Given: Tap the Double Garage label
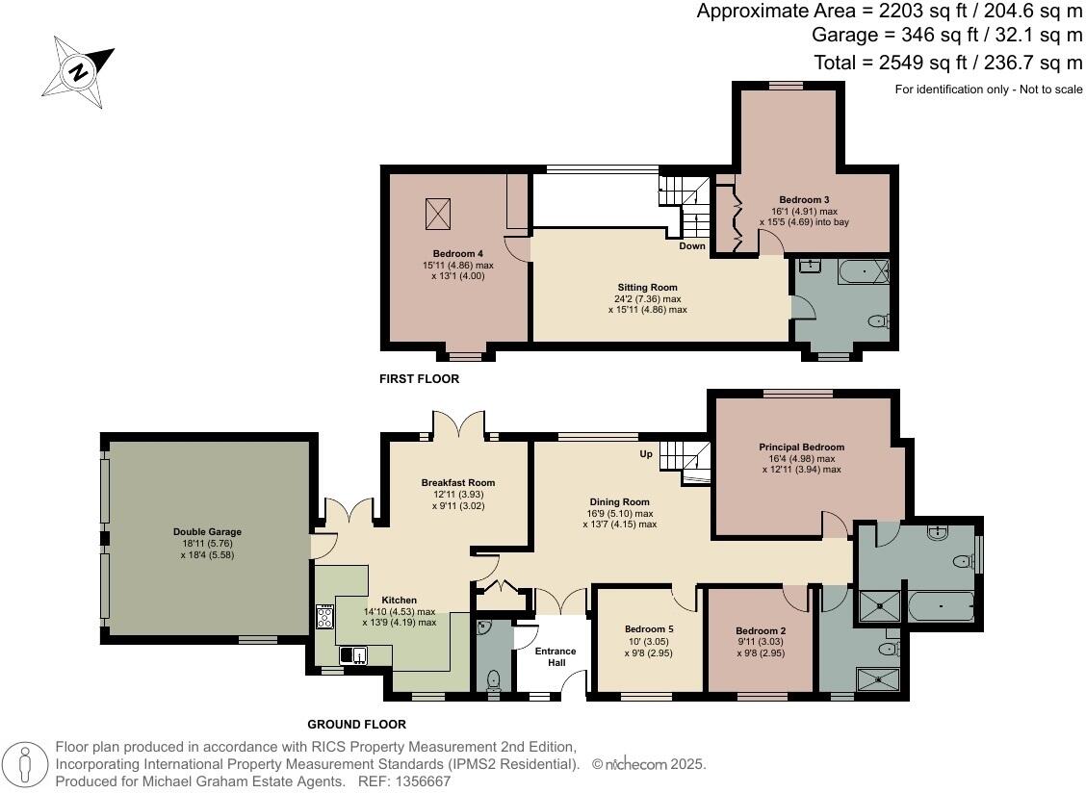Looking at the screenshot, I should coord(207,531).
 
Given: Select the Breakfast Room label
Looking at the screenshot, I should coord(457,483).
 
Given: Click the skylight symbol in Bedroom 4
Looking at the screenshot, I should coord(438,214).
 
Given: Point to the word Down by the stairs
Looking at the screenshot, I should coord(692,246).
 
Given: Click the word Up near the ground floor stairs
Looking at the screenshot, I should coord(647,453).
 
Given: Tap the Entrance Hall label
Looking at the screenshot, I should coord(556,657).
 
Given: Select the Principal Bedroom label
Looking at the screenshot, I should coord(801,448).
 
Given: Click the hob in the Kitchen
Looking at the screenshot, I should coord(324,616).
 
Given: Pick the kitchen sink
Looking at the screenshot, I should coord(353,655).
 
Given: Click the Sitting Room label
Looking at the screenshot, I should coord(647,287).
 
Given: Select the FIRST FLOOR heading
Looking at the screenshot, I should coord(419,379).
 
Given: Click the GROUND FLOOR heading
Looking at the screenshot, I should coord(356,725).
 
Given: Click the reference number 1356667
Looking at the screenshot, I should coord(417,781).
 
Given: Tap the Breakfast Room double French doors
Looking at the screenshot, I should coord(457,425).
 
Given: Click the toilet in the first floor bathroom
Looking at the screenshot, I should coord(877,321).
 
